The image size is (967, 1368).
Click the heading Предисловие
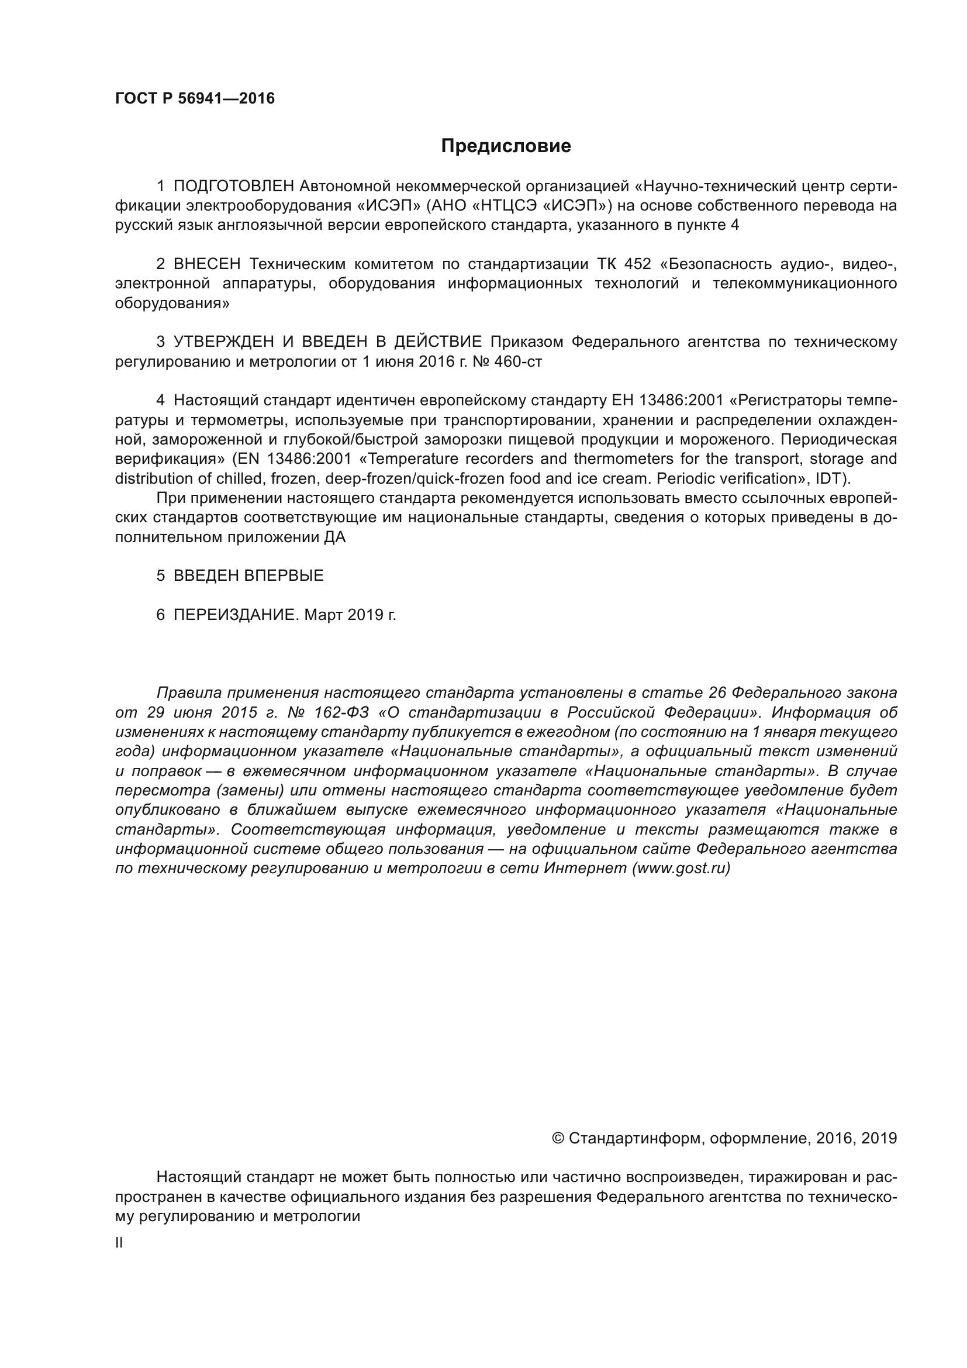(506, 146)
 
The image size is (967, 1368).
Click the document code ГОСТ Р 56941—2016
(195, 99)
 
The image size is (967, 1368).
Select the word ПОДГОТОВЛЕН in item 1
(233, 187)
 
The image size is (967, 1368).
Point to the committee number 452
(638, 264)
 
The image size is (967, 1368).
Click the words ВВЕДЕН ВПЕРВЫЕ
(248, 576)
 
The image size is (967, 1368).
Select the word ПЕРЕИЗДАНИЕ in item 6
(234, 615)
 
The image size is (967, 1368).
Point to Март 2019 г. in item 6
(350, 615)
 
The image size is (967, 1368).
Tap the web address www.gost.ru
(681, 868)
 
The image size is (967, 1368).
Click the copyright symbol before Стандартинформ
(558, 1139)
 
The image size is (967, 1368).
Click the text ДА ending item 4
(334, 537)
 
